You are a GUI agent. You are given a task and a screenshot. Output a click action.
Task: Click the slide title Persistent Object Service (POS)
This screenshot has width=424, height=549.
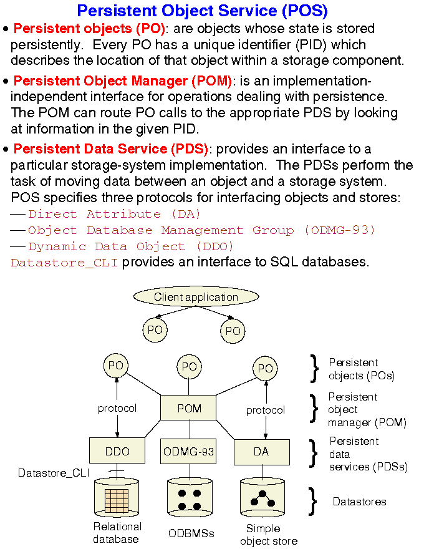click(x=202, y=11)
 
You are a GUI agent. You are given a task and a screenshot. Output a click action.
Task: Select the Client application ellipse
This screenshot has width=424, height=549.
click(x=196, y=297)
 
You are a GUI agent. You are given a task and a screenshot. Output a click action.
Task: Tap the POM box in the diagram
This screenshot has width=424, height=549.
click(x=189, y=408)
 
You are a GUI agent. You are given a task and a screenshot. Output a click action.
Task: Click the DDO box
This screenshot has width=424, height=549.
click(x=117, y=452)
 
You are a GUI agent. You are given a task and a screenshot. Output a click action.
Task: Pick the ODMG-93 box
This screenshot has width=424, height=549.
click(x=189, y=452)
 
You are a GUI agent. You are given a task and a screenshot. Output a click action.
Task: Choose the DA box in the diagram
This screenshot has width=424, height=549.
click(x=261, y=452)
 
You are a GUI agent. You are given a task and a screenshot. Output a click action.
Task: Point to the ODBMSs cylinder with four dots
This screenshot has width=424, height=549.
click(x=190, y=499)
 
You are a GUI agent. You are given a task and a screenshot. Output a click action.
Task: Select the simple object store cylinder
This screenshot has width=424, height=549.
click(x=263, y=499)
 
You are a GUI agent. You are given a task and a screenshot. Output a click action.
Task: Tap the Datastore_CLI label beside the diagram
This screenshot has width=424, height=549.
click(x=53, y=474)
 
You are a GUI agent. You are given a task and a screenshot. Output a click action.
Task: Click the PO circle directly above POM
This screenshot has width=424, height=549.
click(x=189, y=367)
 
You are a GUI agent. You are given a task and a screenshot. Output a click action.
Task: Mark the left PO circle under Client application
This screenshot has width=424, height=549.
click(x=155, y=330)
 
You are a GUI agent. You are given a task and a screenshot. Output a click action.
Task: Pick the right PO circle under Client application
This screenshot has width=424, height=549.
click(x=233, y=331)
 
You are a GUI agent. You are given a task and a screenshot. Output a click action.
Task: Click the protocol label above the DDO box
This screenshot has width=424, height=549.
click(x=117, y=409)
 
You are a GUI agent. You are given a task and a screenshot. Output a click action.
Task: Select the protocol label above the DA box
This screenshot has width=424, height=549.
click(x=265, y=410)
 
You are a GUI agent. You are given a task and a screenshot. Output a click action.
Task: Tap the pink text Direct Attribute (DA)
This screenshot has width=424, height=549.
click(x=114, y=214)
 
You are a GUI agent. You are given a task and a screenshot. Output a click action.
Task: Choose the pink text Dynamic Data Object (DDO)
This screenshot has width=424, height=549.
click(x=131, y=246)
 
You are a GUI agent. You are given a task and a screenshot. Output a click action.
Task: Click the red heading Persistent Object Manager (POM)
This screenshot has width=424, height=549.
click(x=122, y=81)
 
